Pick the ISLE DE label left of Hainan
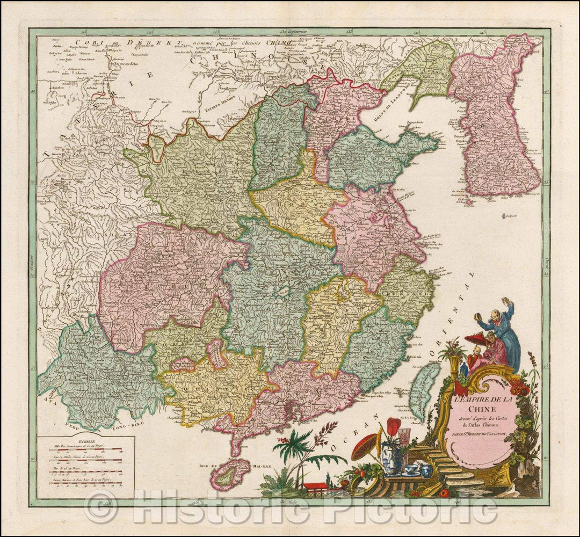(205, 466)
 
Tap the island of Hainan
(231, 473)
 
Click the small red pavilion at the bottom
(314, 488)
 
